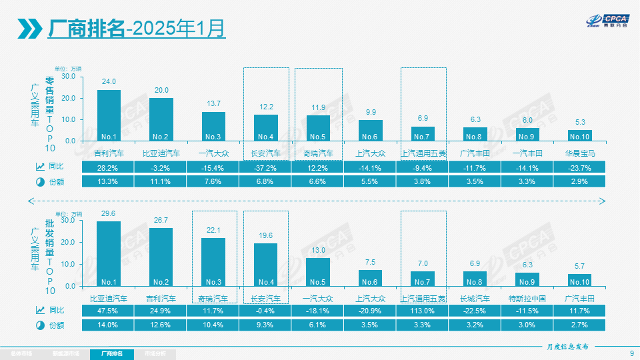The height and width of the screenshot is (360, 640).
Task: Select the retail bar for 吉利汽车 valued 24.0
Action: pyautogui.click(x=109, y=115)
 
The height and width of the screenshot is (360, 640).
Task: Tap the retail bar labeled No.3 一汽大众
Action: pyautogui.click(x=213, y=126)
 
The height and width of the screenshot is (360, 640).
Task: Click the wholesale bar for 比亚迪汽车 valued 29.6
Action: pyautogui.click(x=109, y=253)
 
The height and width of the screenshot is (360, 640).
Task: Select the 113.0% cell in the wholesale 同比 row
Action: pyautogui.click(x=423, y=311)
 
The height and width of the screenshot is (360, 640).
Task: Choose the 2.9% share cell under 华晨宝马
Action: pyautogui.click(x=579, y=181)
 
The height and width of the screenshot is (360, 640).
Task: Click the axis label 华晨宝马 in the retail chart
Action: pyautogui.click(x=579, y=153)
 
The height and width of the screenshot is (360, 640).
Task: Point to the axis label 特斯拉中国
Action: pyautogui.click(x=527, y=298)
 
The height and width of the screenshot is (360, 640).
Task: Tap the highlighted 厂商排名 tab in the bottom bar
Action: pyautogui.click(x=112, y=353)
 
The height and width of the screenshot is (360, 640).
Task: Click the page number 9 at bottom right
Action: pyautogui.click(x=631, y=353)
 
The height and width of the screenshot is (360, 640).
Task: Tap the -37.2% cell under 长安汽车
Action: pyautogui.click(x=265, y=168)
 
